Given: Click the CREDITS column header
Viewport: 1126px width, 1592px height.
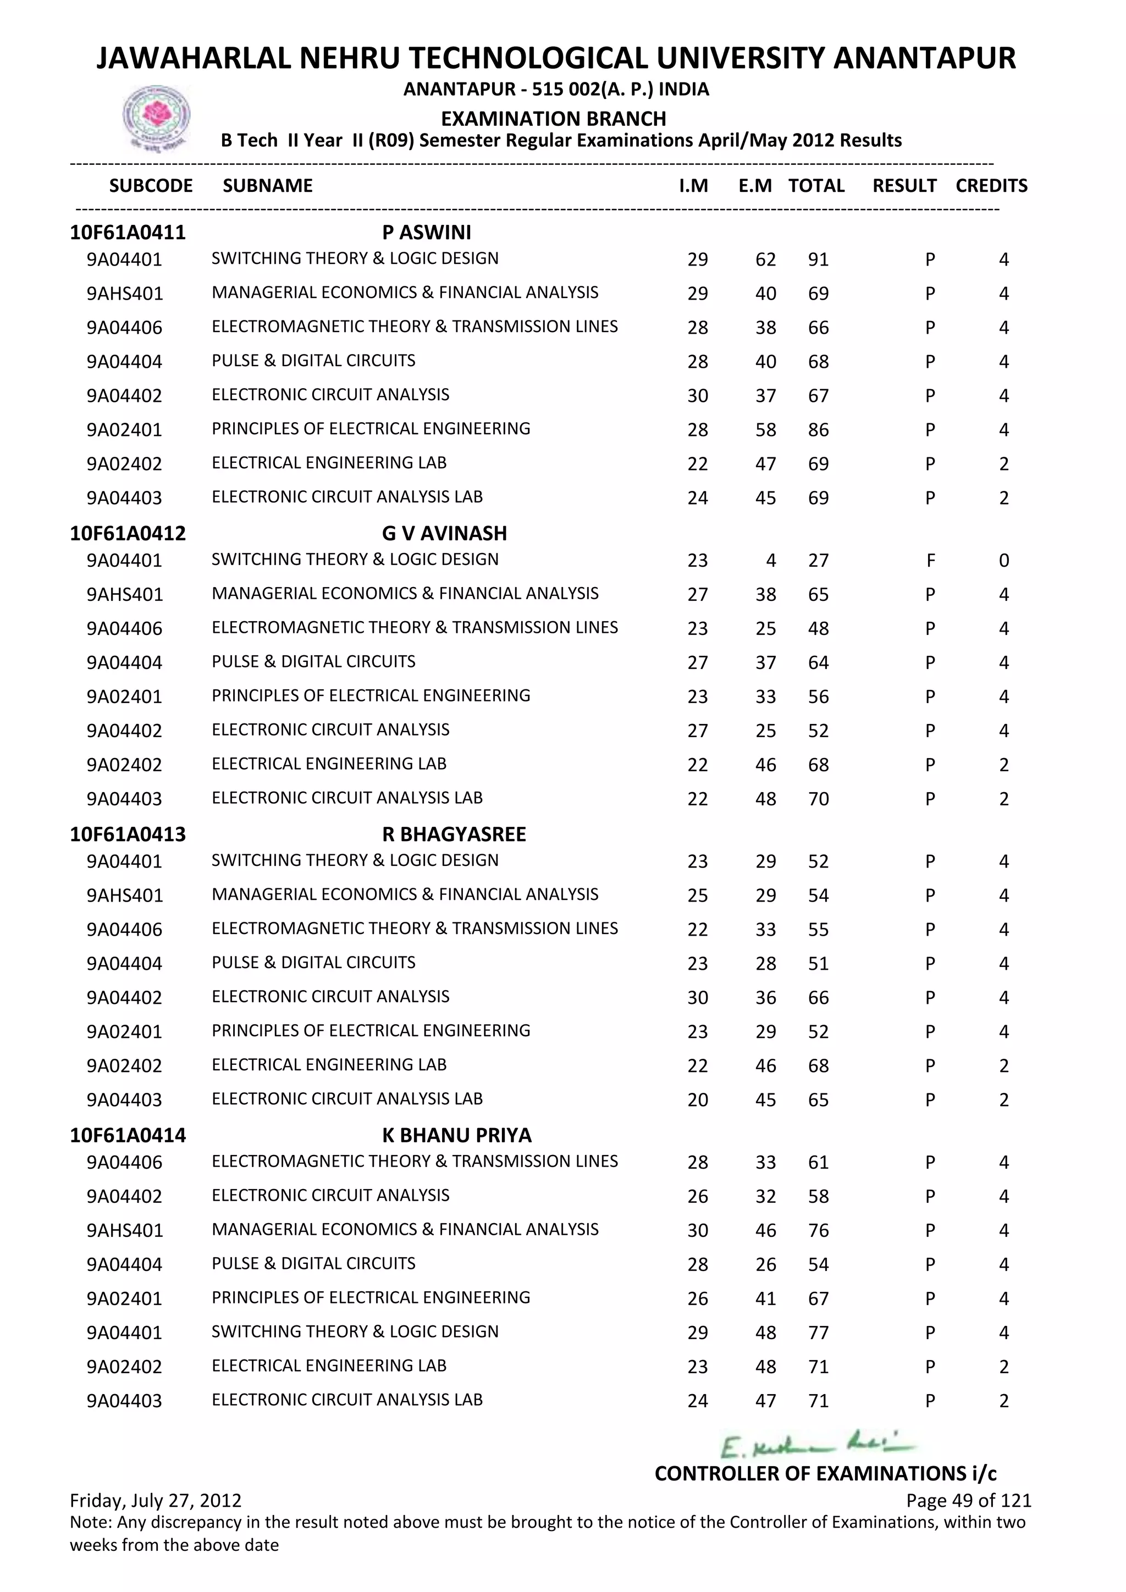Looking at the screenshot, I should [x=991, y=186].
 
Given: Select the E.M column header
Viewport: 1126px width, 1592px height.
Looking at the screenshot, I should [x=754, y=186].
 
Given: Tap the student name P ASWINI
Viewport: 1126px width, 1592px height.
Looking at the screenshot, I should [x=427, y=233].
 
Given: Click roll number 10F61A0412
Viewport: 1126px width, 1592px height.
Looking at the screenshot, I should [x=128, y=533].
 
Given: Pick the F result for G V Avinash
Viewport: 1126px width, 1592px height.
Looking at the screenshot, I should [x=930, y=560].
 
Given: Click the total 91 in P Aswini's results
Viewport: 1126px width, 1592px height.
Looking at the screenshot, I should [x=818, y=260].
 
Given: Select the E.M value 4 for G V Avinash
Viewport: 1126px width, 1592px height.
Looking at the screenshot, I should [x=770, y=560].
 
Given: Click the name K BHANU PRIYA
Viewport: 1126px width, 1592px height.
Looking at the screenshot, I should [x=456, y=1135].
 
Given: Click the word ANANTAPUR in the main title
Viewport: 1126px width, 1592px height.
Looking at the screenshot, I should [x=924, y=58].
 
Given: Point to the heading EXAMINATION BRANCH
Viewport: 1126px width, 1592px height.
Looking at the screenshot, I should [x=553, y=119].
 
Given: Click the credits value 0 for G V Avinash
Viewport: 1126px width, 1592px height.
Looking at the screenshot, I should [x=1003, y=560].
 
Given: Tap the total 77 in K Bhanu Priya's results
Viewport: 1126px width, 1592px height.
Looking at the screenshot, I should [x=818, y=1333].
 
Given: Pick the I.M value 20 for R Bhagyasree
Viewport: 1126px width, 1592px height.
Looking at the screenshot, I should [x=698, y=1101].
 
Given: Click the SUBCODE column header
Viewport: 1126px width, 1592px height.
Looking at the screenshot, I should [x=151, y=186].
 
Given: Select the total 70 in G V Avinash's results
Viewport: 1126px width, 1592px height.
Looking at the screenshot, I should [x=818, y=799].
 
